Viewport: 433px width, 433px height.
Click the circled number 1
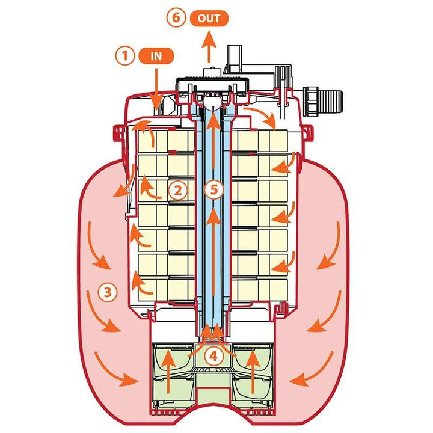[124, 57]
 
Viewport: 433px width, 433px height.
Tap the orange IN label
[157, 57]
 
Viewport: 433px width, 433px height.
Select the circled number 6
[177, 17]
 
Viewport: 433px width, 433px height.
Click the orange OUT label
[210, 17]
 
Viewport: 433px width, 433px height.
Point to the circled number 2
[177, 191]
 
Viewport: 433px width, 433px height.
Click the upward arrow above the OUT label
[209, 48]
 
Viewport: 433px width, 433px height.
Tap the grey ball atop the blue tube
[210, 104]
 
